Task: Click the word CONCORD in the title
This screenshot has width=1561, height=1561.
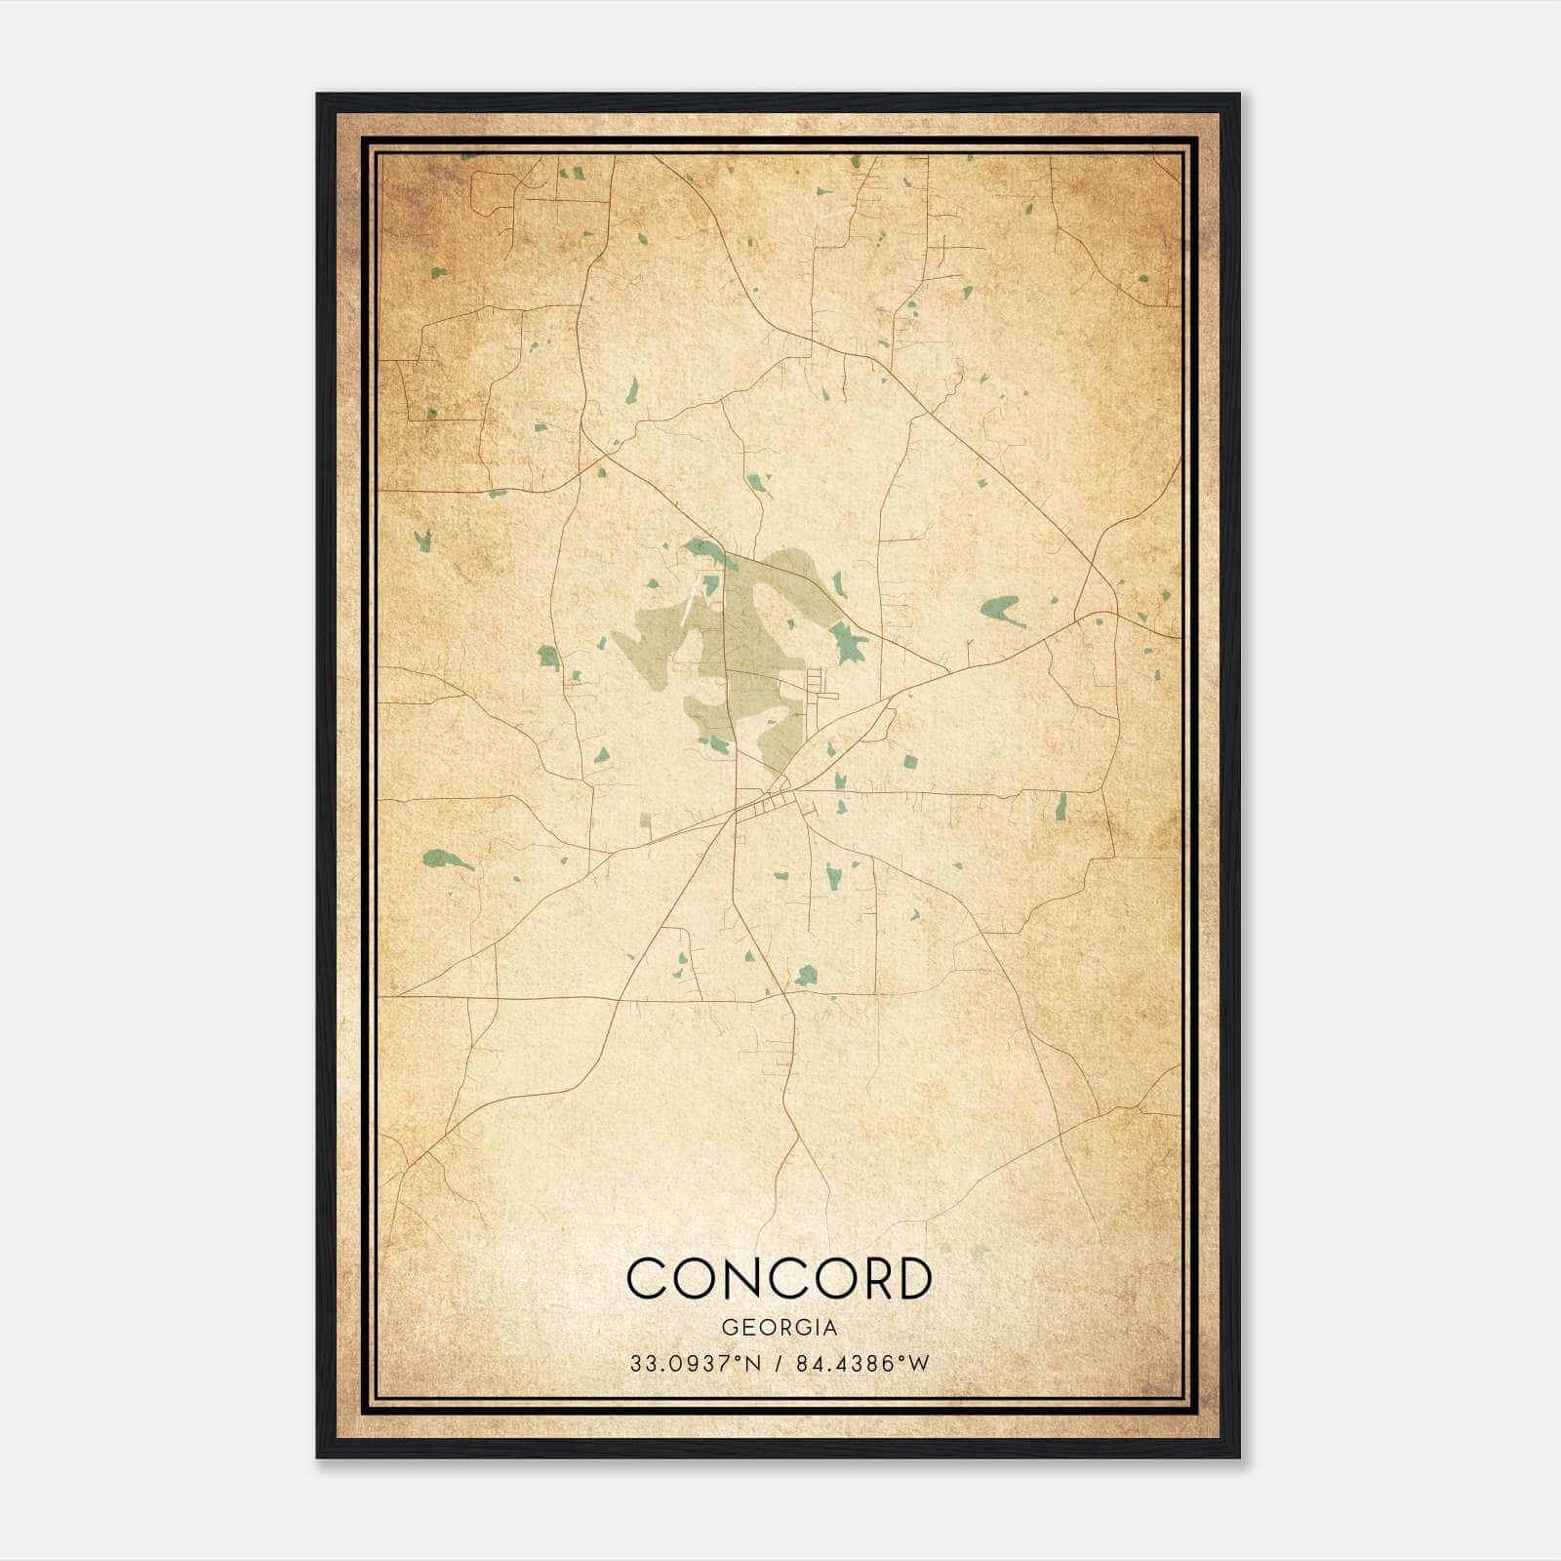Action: (x=779, y=1278)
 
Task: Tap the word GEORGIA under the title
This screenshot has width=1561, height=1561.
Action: (x=779, y=1328)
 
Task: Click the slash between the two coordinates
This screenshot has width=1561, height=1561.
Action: (x=776, y=1364)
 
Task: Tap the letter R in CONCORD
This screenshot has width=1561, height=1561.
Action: (x=866, y=1278)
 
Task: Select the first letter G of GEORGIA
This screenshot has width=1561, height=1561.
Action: (x=728, y=1328)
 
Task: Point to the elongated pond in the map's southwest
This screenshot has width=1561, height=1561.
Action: (x=447, y=860)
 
